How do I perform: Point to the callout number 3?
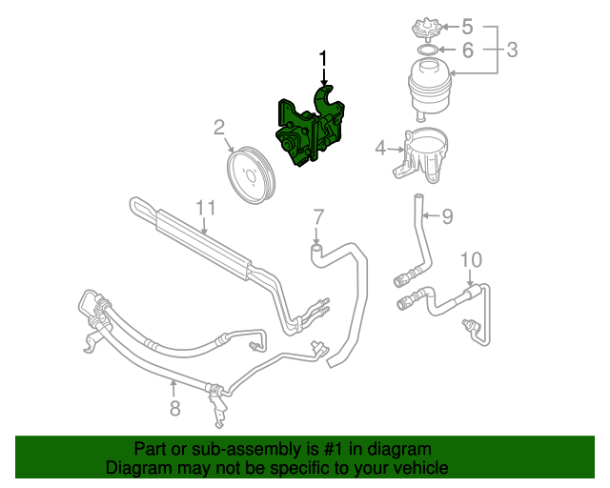point(512,49)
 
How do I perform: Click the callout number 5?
point(467,26)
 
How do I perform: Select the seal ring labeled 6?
point(428,49)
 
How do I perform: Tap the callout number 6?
point(467,49)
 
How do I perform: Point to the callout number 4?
point(380,148)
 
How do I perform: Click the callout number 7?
point(318,215)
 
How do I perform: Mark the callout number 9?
point(447,216)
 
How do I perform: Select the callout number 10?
point(472,259)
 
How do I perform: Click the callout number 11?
point(206,208)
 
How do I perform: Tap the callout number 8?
point(174,410)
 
